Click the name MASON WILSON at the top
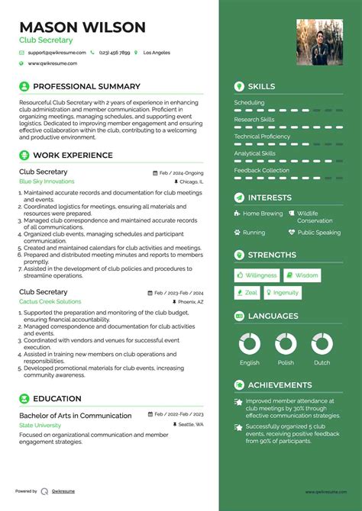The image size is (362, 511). click(x=82, y=27)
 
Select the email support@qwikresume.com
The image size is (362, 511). click(x=56, y=53)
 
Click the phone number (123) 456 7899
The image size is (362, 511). click(x=114, y=53)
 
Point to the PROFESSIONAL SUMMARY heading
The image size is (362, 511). click(x=86, y=87)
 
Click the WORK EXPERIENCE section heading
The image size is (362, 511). click(x=73, y=156)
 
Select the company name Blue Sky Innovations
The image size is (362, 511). click(x=47, y=182)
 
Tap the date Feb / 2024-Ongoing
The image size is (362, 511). click(x=182, y=173)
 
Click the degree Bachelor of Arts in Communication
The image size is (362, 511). click(x=76, y=416)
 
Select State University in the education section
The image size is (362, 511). click(x=41, y=424)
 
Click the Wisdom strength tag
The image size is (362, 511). click(x=303, y=275)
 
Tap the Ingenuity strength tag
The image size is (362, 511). click(x=282, y=293)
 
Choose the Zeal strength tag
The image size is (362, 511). click(x=247, y=293)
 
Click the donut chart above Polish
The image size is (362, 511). click(x=286, y=343)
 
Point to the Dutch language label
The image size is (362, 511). click(x=322, y=363)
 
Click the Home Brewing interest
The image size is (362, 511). click(x=262, y=214)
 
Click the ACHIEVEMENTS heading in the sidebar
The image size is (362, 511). click(x=280, y=385)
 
